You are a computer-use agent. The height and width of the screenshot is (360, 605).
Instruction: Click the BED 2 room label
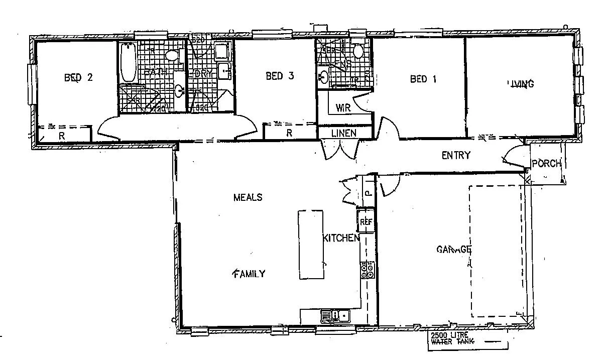coord(78,77)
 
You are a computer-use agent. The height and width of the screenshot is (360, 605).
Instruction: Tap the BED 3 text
coord(279,76)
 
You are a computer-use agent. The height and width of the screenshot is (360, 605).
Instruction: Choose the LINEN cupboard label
coord(344,133)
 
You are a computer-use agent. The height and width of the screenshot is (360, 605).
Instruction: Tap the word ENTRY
coord(456,155)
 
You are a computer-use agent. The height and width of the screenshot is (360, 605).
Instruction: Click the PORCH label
coord(546,163)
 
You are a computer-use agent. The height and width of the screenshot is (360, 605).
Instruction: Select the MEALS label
coord(248,197)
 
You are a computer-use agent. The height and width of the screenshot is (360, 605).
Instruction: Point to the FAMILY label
coord(249,274)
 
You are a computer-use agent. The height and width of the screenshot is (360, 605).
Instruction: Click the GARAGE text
coord(453,249)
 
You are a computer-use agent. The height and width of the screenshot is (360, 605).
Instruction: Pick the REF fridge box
coord(366,221)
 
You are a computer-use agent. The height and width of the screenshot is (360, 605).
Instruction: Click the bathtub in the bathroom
coord(128,63)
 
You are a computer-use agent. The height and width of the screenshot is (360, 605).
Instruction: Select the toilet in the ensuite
coord(358,51)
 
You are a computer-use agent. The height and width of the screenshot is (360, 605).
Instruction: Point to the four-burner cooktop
coord(367,271)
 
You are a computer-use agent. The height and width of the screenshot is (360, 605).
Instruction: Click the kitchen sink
coord(335,316)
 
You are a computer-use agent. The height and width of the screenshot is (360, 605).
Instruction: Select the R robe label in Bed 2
coord(61,136)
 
